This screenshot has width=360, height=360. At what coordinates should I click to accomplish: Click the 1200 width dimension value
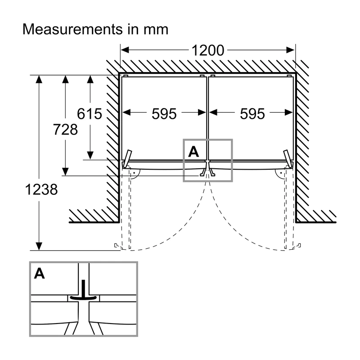point(208,50)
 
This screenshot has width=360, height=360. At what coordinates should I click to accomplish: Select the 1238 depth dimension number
point(41,189)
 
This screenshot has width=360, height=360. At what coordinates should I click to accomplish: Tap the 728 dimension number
point(65,129)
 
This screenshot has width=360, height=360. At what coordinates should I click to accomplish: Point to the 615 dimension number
point(89,114)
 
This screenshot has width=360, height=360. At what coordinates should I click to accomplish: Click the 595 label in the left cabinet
point(164,114)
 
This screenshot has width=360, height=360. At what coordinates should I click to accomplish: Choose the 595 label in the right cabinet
point(252,114)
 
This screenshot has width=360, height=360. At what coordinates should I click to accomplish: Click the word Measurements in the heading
point(72,29)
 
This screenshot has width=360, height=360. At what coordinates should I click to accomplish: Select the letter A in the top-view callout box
point(193,152)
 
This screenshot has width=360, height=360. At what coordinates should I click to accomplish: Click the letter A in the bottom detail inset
point(39,274)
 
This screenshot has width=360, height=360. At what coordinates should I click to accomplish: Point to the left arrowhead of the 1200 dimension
point(125,50)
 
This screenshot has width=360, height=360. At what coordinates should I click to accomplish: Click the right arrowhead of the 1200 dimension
point(290,50)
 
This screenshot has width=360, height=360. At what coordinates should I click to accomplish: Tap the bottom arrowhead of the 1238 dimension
point(39,246)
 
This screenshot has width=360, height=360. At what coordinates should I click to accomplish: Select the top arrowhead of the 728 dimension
point(65,80)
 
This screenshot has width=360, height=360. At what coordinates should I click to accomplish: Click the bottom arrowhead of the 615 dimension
point(90,155)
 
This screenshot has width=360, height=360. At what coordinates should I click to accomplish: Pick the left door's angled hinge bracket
point(127,159)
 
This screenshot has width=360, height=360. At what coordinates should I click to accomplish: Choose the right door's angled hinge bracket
point(288,159)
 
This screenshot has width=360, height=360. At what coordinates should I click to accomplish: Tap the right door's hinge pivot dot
point(281,173)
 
